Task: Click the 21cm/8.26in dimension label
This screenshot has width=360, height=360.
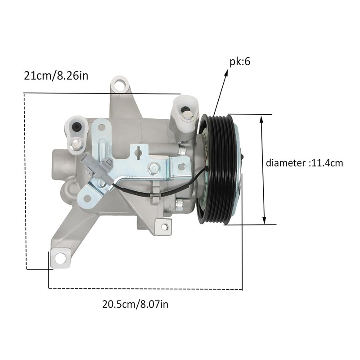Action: point(56,76)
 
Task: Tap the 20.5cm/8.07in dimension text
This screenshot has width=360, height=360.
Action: point(135,305)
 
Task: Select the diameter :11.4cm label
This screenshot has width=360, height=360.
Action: point(305,163)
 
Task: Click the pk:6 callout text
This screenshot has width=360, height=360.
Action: point(240,62)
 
